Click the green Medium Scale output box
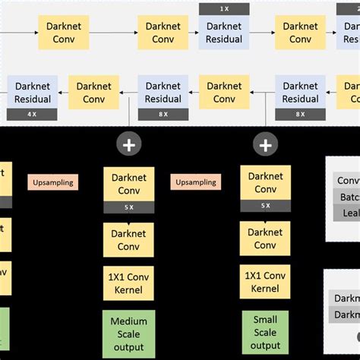pyautogui.click(x=129, y=333)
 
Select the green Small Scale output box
pyautogui.click(x=265, y=332)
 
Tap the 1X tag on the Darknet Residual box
pyautogui.click(x=224, y=9)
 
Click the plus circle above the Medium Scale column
pyautogui.click(x=128, y=144)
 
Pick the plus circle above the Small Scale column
pyautogui.click(x=265, y=144)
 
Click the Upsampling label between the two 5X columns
pyautogui.click(x=197, y=182)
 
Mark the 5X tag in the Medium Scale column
pyautogui.click(x=129, y=207)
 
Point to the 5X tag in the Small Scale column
pyautogui.click(x=265, y=206)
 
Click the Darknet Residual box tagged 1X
pyautogui.click(x=224, y=33)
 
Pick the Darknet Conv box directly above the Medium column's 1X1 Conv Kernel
pyautogui.click(x=129, y=239)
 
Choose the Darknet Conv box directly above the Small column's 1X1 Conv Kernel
pyautogui.click(x=265, y=238)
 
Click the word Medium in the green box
pyautogui.click(x=129, y=321)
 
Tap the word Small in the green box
pyautogui.click(x=265, y=320)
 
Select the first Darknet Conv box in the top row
pyautogui.click(x=64, y=33)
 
